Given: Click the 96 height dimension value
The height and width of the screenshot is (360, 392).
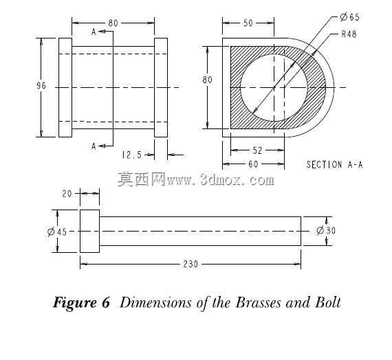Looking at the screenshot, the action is (41, 86).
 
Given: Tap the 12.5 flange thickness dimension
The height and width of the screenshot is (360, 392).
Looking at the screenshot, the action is (132, 155).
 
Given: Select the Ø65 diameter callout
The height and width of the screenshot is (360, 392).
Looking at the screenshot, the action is (350, 17).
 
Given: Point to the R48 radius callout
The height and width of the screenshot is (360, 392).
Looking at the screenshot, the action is (349, 34).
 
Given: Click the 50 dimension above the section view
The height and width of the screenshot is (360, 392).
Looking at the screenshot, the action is (248, 23).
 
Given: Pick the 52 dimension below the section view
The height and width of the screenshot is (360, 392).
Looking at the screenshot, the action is (257, 150).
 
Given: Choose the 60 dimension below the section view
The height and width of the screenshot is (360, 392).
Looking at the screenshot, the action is (253, 164).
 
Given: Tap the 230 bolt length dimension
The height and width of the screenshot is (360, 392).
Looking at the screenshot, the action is (190, 264).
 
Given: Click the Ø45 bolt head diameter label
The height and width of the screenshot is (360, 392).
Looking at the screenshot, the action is (57, 232).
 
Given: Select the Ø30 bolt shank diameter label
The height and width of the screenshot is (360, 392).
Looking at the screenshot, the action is (326, 230).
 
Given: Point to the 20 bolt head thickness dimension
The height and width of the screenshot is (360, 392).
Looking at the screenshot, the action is (67, 194).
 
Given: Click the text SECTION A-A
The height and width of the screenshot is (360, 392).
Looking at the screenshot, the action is (334, 165).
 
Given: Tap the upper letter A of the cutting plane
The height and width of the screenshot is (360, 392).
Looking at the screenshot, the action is (94, 32).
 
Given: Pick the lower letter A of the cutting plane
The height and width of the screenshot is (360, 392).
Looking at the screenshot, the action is (94, 146).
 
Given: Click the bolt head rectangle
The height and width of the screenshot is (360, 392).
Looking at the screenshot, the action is (90, 231).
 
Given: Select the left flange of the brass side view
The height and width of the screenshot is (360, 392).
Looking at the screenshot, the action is (65, 87).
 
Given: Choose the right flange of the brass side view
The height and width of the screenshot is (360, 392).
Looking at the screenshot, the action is (161, 87).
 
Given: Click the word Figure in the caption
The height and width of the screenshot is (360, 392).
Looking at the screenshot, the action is (75, 303).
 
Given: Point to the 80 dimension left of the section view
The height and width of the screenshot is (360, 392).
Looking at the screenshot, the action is (207, 80).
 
